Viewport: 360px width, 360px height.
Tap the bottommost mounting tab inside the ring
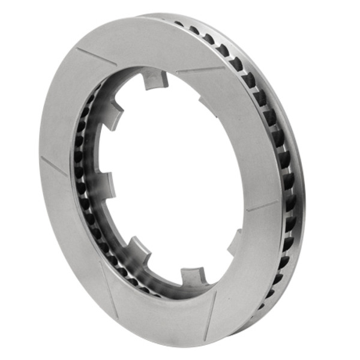tap(194, 277)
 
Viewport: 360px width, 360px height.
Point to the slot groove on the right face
tap(263, 205)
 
